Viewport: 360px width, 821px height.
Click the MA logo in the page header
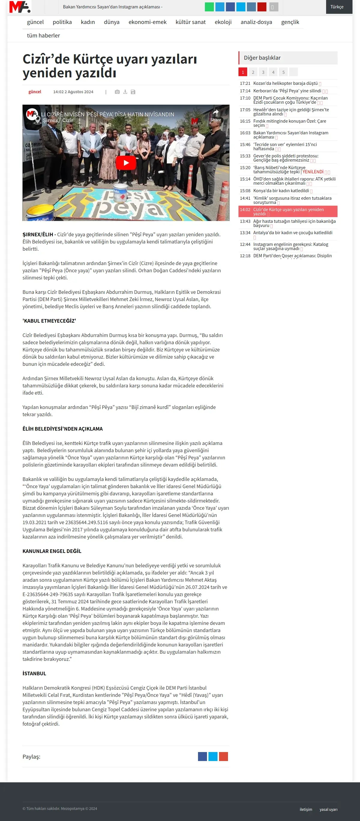(20, 7)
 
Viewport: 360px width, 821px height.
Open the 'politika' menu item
(62, 22)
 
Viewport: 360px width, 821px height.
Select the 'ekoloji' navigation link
(223, 22)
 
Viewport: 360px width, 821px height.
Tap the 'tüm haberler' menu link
(43, 35)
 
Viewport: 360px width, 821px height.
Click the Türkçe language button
(337, 7)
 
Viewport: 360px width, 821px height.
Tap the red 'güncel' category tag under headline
(35, 92)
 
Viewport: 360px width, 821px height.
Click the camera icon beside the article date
(117, 92)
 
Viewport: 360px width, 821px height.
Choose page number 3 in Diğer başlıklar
(263, 72)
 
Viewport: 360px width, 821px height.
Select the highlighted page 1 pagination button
(243, 72)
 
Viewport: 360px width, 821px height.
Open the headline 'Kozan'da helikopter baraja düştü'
(285, 83)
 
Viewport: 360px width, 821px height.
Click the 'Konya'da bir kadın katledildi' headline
(281, 191)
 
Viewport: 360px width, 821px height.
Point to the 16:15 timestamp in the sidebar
(245, 121)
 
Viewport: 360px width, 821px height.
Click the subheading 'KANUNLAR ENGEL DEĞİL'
(52, 551)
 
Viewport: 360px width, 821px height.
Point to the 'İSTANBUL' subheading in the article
(34, 673)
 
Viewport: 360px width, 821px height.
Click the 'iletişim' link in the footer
(306, 809)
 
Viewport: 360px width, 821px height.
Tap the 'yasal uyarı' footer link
(328, 809)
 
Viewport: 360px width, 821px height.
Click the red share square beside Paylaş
(223, 756)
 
